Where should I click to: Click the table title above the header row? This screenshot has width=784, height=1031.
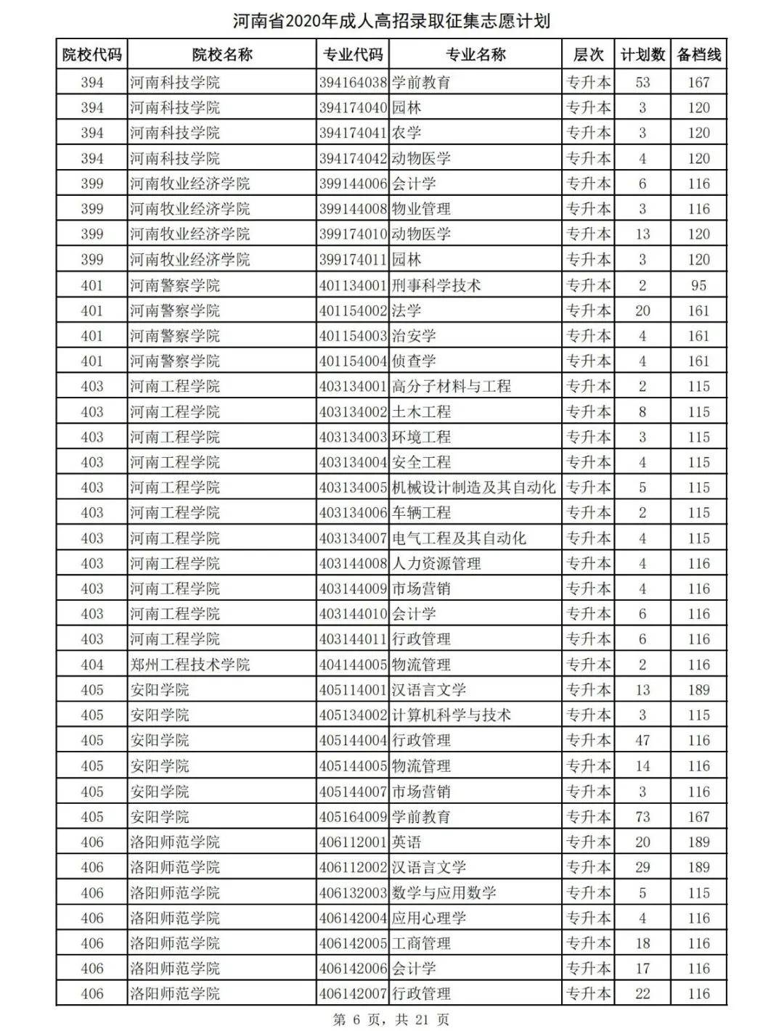click(x=392, y=20)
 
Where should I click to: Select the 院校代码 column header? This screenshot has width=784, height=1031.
click(x=92, y=54)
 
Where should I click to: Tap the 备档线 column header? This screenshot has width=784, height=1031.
click(x=698, y=54)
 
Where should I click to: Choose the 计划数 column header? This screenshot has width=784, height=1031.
click(x=642, y=54)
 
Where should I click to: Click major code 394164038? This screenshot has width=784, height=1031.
click(x=353, y=83)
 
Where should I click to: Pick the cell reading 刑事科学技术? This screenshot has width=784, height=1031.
click(x=436, y=285)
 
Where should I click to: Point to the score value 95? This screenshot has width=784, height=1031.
click(x=698, y=285)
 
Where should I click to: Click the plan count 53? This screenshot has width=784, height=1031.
click(x=642, y=83)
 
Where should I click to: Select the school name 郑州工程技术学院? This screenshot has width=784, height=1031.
click(x=189, y=665)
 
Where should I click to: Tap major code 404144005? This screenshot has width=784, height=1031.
click(x=353, y=665)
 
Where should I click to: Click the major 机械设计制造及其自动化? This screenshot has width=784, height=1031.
click(x=474, y=488)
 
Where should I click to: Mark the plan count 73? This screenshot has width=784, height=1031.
click(x=642, y=817)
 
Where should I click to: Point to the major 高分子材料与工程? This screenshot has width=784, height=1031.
click(x=452, y=387)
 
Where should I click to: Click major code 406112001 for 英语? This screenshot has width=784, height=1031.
click(x=353, y=842)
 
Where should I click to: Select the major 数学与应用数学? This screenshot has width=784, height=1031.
click(x=444, y=892)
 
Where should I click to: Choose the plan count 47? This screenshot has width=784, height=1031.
click(x=642, y=741)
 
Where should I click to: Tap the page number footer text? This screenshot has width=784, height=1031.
click(x=391, y=1019)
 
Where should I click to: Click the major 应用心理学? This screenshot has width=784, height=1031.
click(x=429, y=918)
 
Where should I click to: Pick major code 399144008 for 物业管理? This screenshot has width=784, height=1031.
click(x=353, y=209)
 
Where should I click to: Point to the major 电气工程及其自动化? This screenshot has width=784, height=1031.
click(x=459, y=538)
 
